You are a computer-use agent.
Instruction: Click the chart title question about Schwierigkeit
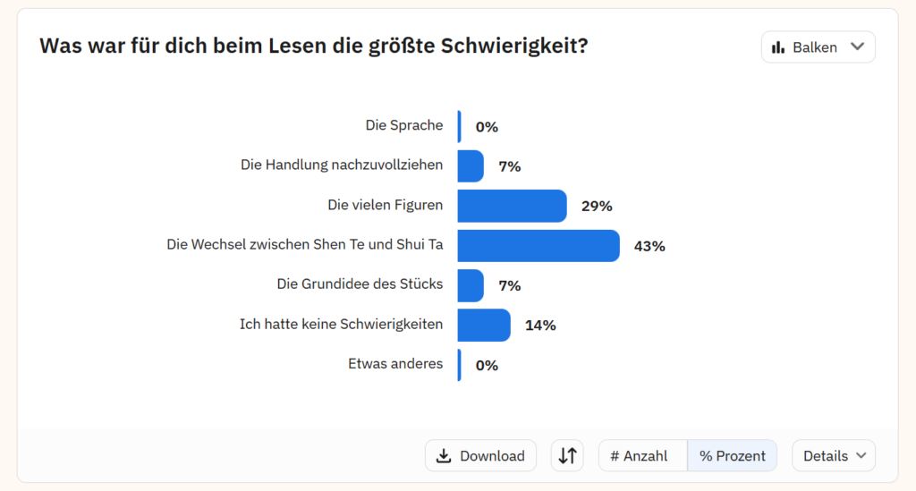click(314, 46)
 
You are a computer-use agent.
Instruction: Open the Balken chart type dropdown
click(818, 47)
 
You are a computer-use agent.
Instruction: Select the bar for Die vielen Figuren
click(512, 206)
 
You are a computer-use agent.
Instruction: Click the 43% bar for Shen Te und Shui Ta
click(538, 246)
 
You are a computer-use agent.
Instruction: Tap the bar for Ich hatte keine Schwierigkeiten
click(483, 326)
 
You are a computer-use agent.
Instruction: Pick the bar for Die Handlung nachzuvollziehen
click(471, 166)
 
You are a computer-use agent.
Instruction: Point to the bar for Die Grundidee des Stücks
click(471, 285)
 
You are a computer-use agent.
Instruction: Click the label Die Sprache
click(403, 125)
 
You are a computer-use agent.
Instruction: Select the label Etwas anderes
click(395, 364)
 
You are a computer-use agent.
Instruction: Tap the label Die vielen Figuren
click(385, 205)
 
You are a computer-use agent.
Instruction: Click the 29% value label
click(597, 206)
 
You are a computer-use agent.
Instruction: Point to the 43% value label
click(649, 246)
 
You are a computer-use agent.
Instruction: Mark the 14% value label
click(540, 326)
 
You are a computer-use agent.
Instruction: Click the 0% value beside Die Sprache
click(487, 127)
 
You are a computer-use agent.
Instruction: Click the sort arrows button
click(567, 455)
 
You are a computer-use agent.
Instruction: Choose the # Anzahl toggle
click(639, 456)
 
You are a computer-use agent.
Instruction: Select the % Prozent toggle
click(732, 456)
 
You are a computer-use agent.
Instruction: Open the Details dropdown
click(834, 456)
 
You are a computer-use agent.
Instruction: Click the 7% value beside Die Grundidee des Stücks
click(510, 285)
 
